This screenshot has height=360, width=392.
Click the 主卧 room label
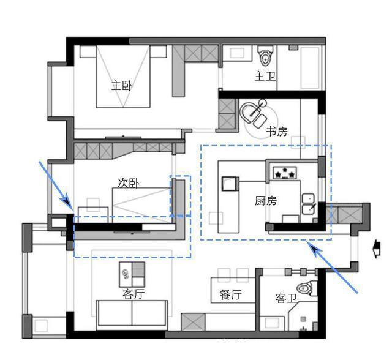(122, 86)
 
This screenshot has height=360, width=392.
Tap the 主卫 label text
(265, 76)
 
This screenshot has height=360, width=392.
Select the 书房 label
(277, 131)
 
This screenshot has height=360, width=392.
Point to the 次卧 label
(129, 183)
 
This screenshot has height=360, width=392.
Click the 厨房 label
(266, 201)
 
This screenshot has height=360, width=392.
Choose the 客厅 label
(134, 294)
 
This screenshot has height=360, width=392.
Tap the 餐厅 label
(230, 294)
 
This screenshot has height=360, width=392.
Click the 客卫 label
(286, 298)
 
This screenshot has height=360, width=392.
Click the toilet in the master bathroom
(265, 56)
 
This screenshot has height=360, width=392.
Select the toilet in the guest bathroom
(307, 288)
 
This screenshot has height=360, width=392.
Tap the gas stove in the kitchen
(285, 173)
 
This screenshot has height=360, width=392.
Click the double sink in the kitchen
(308, 204)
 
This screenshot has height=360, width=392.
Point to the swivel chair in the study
(253, 113)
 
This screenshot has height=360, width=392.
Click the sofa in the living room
(132, 313)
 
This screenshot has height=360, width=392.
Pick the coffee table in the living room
(132, 274)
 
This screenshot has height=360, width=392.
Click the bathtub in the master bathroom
(310, 68)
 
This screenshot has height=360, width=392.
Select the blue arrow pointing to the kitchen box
(333, 266)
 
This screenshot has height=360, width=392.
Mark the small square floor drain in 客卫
(303, 319)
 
